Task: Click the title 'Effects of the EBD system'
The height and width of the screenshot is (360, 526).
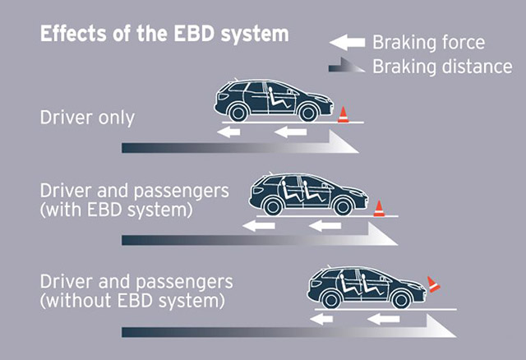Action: pos(164,35)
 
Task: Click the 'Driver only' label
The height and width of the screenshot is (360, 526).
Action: pos(87,118)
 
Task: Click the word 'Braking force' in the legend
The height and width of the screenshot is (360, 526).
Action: pos(428,42)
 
